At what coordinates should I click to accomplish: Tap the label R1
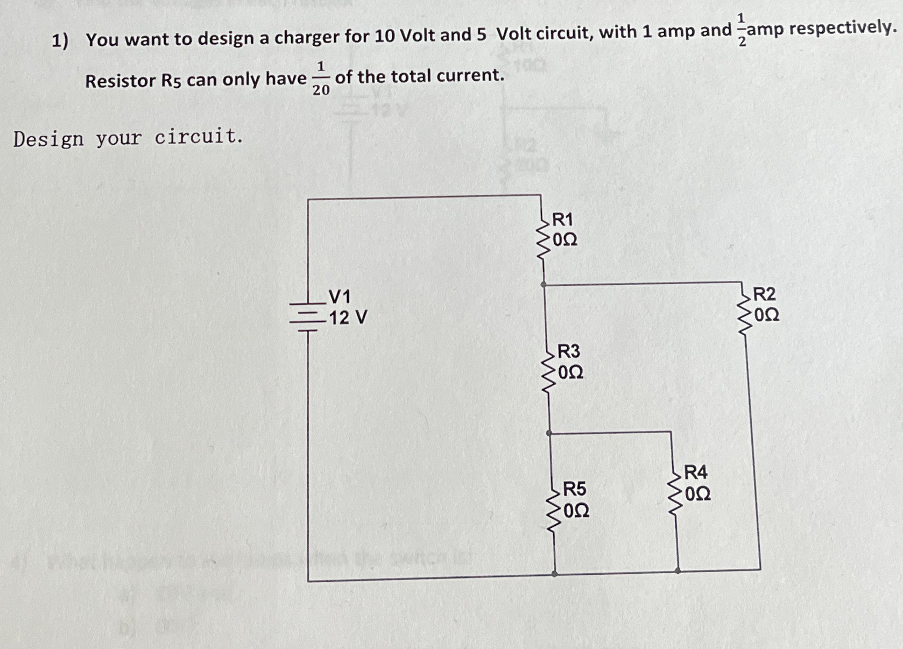pos(563,220)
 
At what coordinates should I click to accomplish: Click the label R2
pos(764,294)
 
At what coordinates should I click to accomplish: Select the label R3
pos(568,351)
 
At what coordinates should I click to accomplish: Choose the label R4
pos(695,472)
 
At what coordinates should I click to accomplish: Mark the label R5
pos(574,489)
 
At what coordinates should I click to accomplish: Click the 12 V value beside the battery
pos(348,318)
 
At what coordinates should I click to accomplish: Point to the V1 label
pos(340,297)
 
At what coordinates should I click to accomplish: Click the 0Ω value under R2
pos(766,315)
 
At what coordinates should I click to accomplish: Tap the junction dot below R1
pos(543,284)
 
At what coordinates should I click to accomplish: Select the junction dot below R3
pos(549,433)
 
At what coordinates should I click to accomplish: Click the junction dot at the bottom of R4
pos(678,570)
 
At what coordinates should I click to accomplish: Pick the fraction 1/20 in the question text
pos(321,79)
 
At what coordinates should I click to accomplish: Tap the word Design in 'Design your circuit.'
pos(48,139)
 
